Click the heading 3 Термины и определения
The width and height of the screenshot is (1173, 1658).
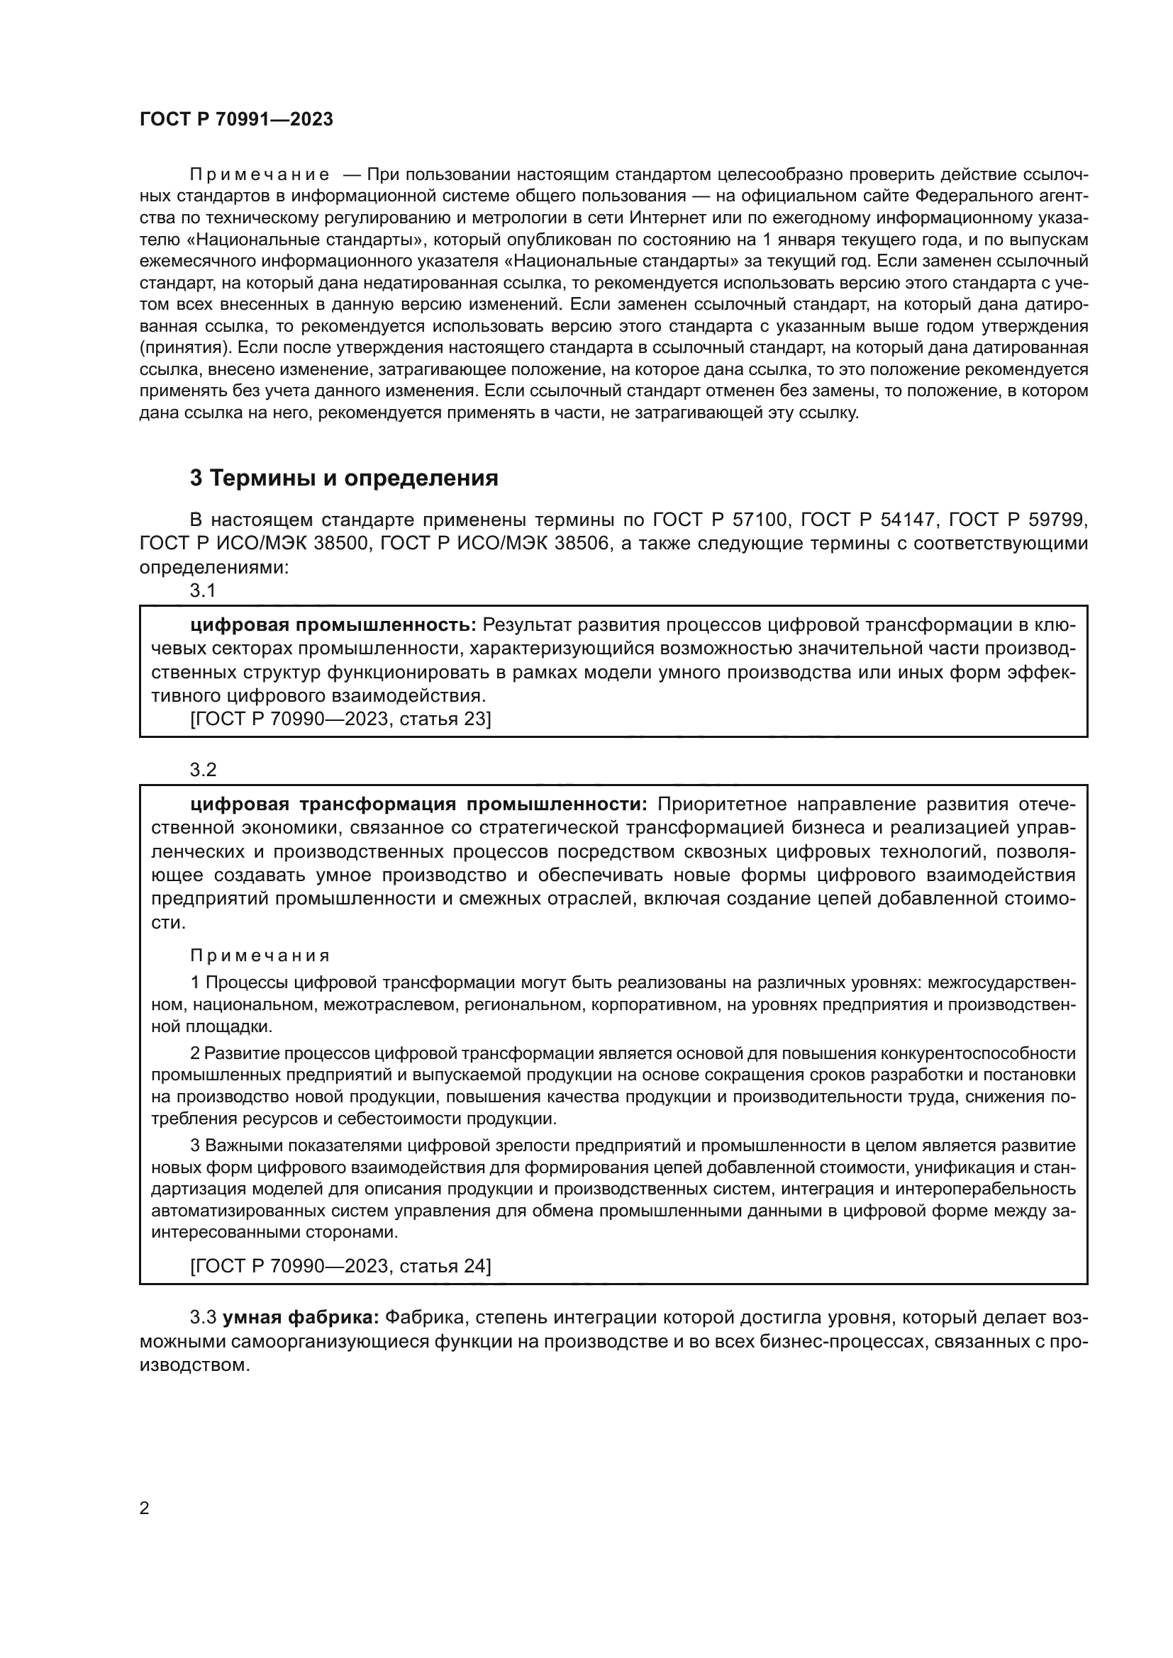coord(344,478)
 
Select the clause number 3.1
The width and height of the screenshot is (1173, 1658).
coord(203,590)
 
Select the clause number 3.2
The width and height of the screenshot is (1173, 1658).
coord(203,770)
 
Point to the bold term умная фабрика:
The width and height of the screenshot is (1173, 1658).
coord(301,1317)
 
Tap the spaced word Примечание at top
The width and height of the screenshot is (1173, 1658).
coord(260,175)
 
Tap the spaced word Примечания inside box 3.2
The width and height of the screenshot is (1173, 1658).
coord(260,956)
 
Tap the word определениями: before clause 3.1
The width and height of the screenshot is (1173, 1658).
coord(213,567)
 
